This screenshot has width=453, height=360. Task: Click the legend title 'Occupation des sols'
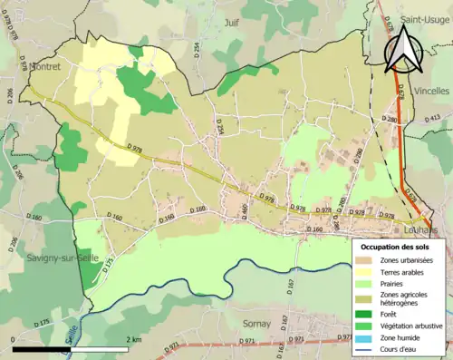tap(397, 247)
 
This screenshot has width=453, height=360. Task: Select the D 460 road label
tap(244, 211)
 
